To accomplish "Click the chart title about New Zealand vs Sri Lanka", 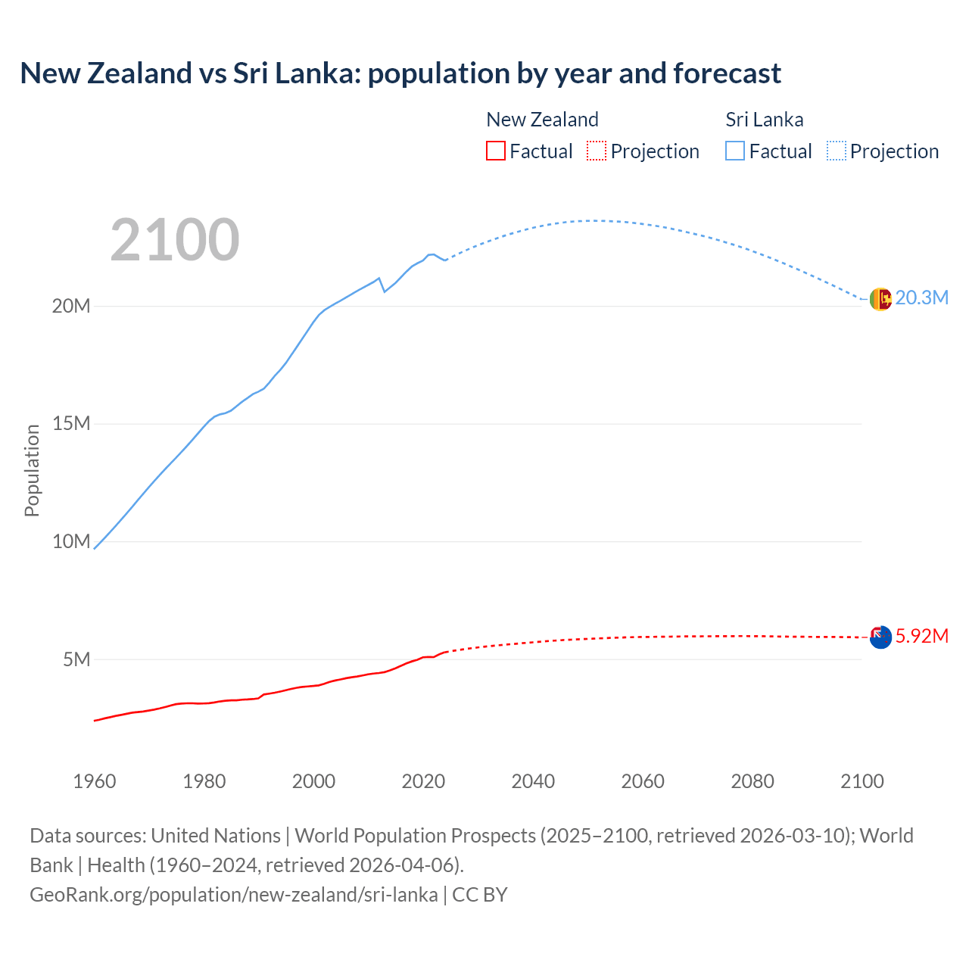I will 400,73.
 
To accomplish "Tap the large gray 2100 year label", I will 175,240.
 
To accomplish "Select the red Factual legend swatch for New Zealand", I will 495,151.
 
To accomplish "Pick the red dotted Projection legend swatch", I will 597,151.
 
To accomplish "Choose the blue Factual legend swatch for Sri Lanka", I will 735,151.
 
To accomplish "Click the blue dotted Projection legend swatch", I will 837,151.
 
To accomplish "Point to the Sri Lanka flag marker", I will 880,300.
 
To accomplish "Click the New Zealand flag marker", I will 880,637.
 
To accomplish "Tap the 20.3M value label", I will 921,298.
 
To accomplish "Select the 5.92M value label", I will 921,636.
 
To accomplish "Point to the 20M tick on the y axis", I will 71,306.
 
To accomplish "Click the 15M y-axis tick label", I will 71,423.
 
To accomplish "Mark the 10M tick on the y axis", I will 71,541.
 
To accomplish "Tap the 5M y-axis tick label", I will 76,659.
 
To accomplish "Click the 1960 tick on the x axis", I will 95,781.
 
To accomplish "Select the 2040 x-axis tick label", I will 533,781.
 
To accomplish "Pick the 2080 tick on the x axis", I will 752,781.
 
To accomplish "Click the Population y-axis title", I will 32,470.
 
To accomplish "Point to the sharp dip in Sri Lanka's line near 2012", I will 384,291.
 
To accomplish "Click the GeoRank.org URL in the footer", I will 233,895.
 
